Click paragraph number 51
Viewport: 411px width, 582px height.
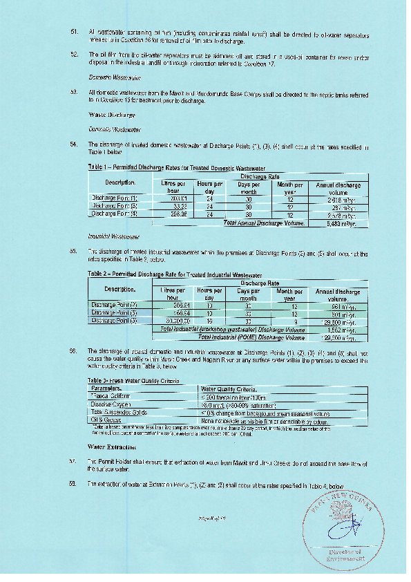(x=74, y=32)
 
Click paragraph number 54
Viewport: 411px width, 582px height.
(x=74, y=146)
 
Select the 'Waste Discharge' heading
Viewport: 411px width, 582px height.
(x=112, y=115)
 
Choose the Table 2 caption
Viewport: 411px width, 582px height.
(x=171, y=274)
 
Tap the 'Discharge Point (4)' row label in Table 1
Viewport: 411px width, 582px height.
(x=115, y=214)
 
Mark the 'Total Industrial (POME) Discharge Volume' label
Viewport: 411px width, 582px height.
(x=251, y=337)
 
